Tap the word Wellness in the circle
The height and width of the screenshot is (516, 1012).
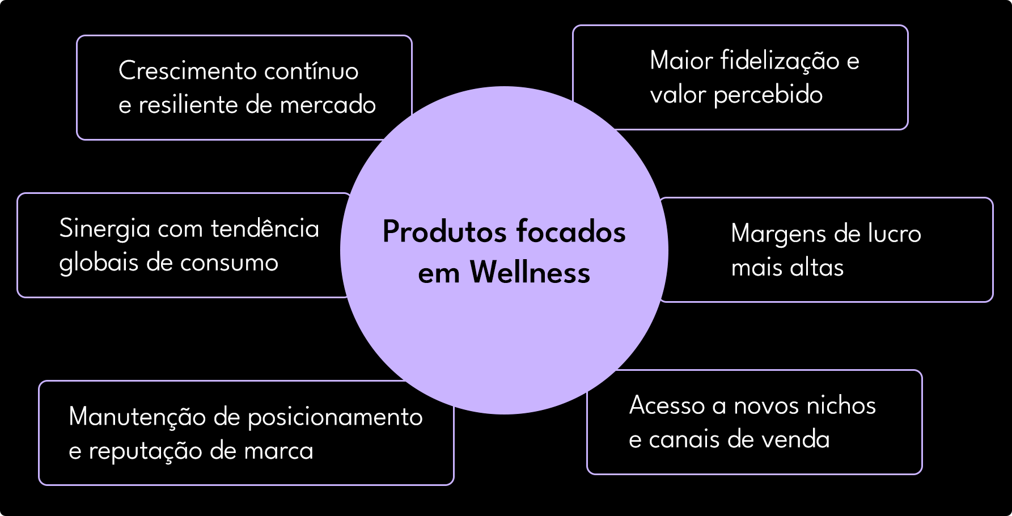pos(530,272)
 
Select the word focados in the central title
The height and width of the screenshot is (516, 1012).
pos(570,231)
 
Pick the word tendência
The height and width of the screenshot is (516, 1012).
pos(265,229)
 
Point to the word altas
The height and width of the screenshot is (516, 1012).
pos(817,268)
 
